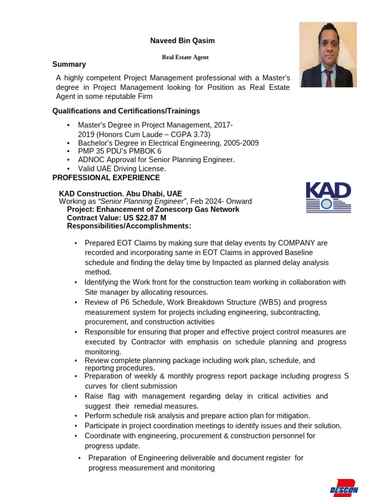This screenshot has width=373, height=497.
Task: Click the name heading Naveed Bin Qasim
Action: click(x=182, y=41)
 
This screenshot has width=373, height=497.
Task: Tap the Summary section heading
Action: click(x=69, y=65)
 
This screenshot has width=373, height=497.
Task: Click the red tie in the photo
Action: click(x=329, y=77)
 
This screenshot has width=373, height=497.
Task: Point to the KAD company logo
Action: click(x=328, y=198)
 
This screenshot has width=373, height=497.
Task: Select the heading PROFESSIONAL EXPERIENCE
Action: click(x=106, y=178)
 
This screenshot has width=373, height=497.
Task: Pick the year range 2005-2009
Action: click(x=240, y=143)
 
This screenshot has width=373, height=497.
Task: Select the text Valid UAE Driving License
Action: click(x=122, y=169)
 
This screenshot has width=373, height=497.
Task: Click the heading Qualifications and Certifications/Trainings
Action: click(x=126, y=111)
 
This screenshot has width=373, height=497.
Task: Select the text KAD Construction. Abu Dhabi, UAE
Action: click(x=120, y=194)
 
